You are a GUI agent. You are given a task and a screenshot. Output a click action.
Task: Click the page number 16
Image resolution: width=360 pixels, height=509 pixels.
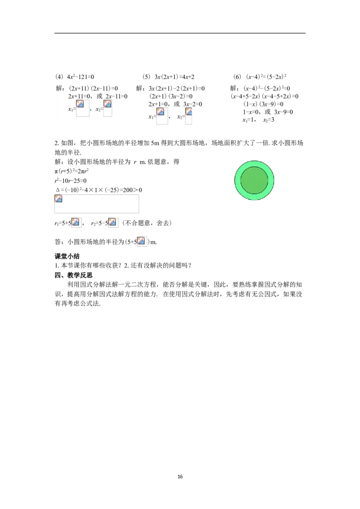click(180, 477)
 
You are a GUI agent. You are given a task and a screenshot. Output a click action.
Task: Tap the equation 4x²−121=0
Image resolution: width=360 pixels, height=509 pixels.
click(80, 77)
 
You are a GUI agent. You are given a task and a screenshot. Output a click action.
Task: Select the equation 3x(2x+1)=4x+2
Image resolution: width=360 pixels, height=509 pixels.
click(174, 77)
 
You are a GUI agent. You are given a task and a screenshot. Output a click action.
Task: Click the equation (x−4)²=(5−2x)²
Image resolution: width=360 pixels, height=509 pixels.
click(266, 77)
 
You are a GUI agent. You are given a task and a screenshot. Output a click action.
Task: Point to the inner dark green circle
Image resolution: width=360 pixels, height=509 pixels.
click(254, 180)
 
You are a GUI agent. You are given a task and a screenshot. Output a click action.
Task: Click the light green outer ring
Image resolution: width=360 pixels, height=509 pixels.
click(254, 164)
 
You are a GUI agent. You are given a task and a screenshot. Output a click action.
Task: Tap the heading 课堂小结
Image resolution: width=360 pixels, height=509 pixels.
click(67, 256)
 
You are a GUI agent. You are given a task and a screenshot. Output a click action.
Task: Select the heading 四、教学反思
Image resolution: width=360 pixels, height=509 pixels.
click(73, 275)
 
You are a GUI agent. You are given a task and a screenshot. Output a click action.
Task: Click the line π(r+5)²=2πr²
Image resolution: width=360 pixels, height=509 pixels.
click(72, 171)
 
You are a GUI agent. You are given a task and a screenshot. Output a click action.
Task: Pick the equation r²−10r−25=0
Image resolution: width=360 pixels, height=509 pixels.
click(71, 180)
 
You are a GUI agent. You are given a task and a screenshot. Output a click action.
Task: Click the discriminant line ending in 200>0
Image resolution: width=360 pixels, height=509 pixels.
click(99, 190)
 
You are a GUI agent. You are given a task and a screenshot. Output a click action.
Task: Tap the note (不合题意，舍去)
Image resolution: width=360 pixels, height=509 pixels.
click(147, 223)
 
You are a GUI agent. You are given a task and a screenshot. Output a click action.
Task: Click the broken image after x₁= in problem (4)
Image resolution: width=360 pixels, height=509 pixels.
click(82, 108)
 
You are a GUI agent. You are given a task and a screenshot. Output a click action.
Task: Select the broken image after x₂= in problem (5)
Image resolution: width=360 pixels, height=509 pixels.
click(189, 116)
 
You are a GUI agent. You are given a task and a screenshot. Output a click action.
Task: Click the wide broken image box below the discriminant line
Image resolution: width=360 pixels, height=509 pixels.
click(96, 204)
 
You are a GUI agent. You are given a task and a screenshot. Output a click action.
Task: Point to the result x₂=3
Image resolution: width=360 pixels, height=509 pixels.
click(268, 120)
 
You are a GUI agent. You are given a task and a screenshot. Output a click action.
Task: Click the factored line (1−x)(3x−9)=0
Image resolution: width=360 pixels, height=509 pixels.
click(263, 104)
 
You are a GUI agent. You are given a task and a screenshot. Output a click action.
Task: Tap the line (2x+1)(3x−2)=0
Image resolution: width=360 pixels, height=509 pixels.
click(171, 96)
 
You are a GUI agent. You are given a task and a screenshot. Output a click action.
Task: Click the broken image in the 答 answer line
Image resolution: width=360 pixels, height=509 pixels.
click(142, 241)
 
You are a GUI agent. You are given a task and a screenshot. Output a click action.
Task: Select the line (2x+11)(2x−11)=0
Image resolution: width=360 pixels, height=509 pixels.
click(93, 88)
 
